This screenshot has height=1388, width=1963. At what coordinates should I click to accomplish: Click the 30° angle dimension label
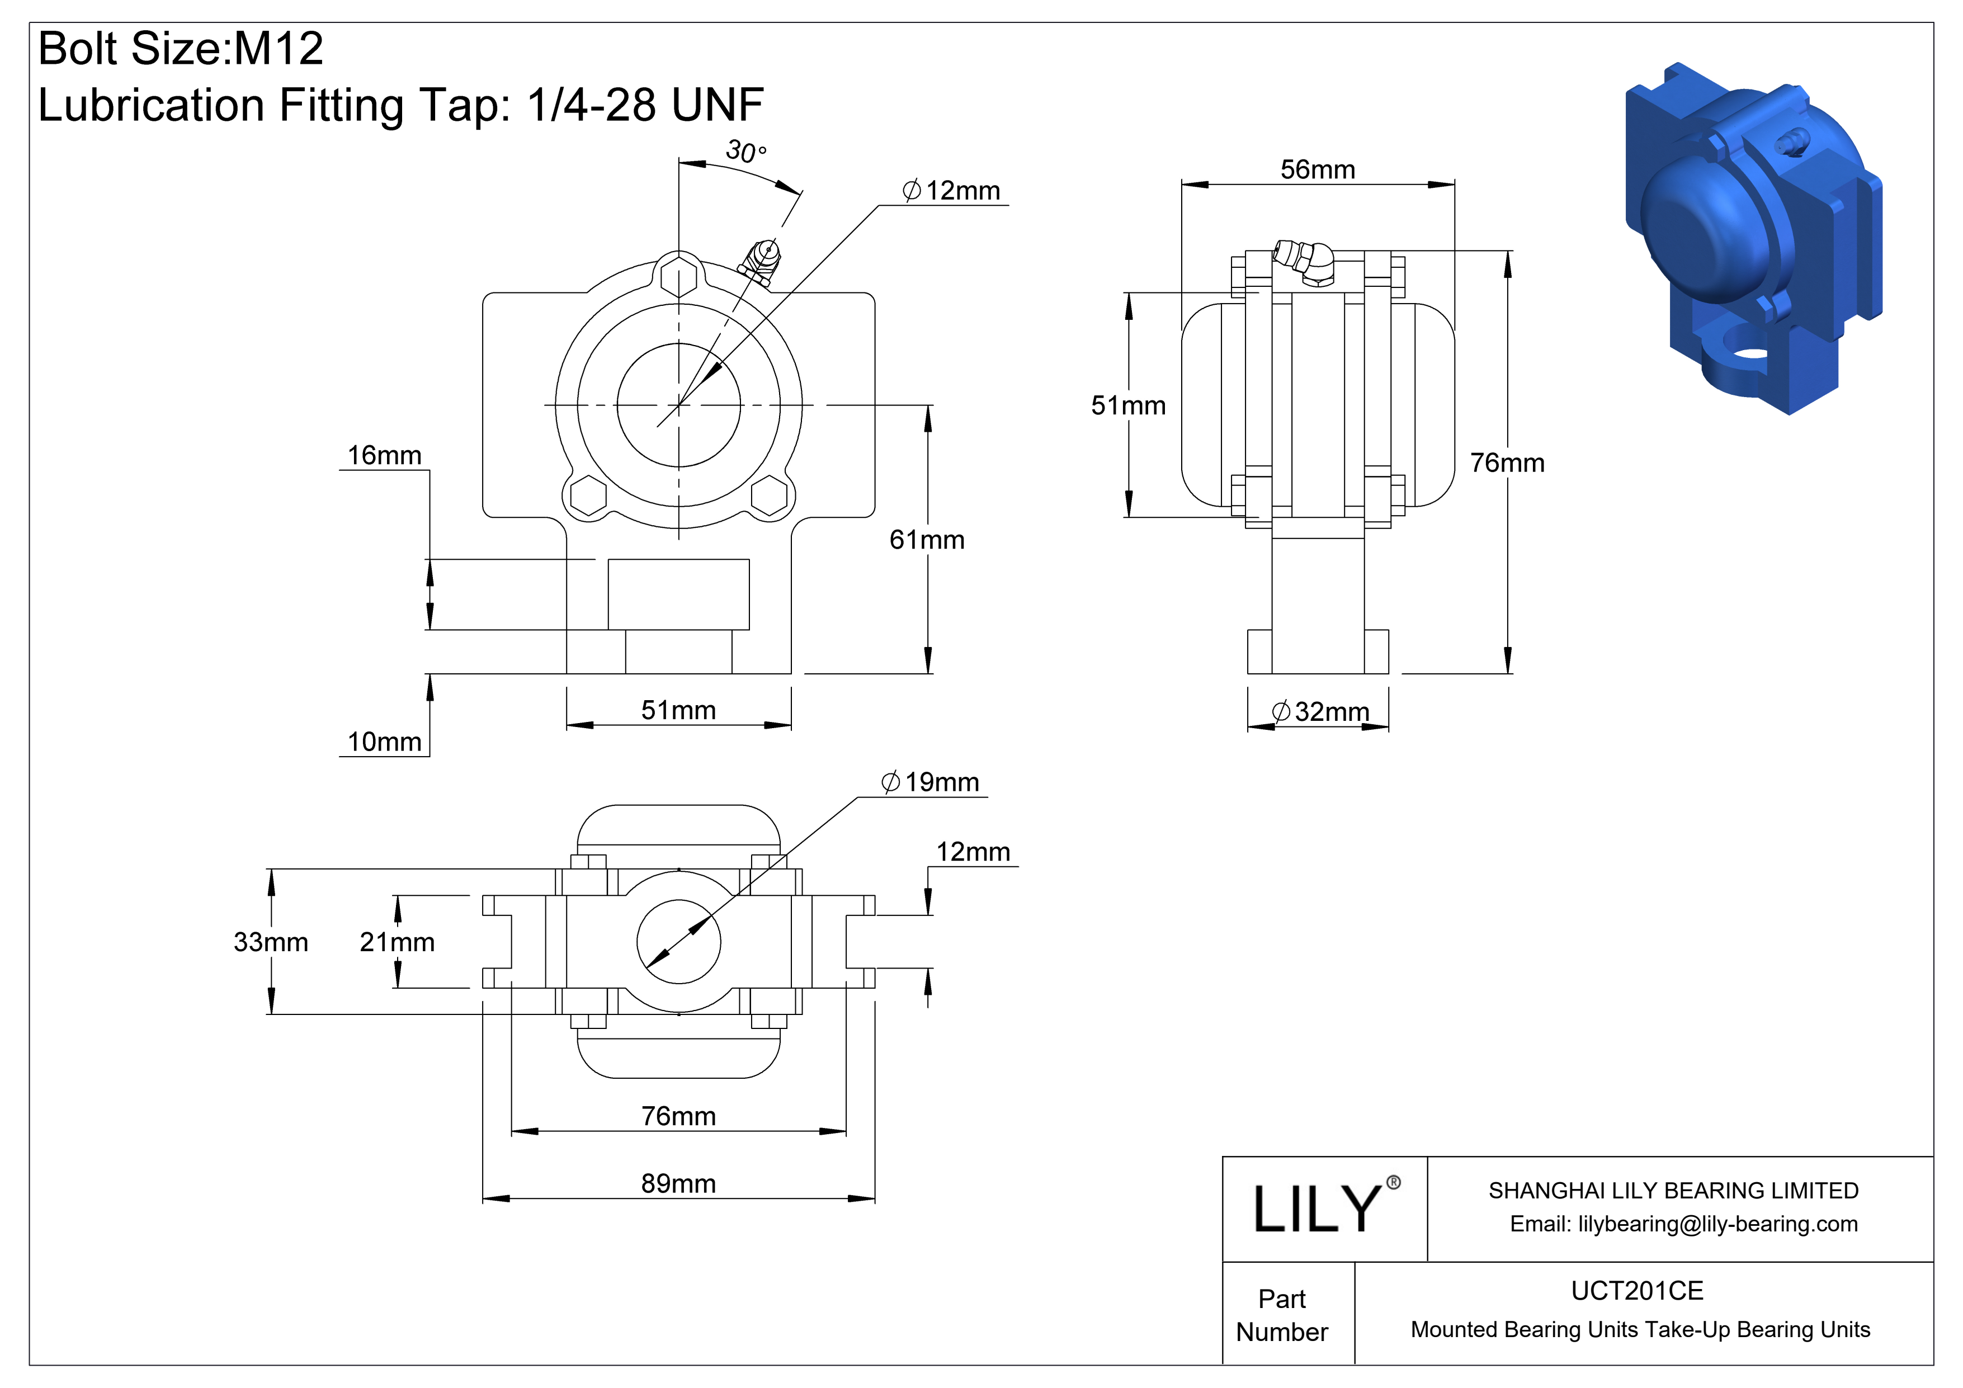coord(745,152)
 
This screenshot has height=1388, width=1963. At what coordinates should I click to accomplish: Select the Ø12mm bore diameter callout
coord(951,191)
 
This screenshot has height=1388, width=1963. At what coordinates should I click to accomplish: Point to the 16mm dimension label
coord(384,456)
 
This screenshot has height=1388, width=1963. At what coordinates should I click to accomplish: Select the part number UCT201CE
coord(1636,1291)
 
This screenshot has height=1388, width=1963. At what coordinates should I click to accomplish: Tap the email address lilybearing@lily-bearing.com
coord(1717,1224)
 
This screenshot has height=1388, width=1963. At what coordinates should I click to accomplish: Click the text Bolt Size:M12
coord(181,49)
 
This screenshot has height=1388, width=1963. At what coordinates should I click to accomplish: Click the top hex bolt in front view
coord(679,275)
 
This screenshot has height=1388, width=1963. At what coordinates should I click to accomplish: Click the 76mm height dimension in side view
coord(1507,463)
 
